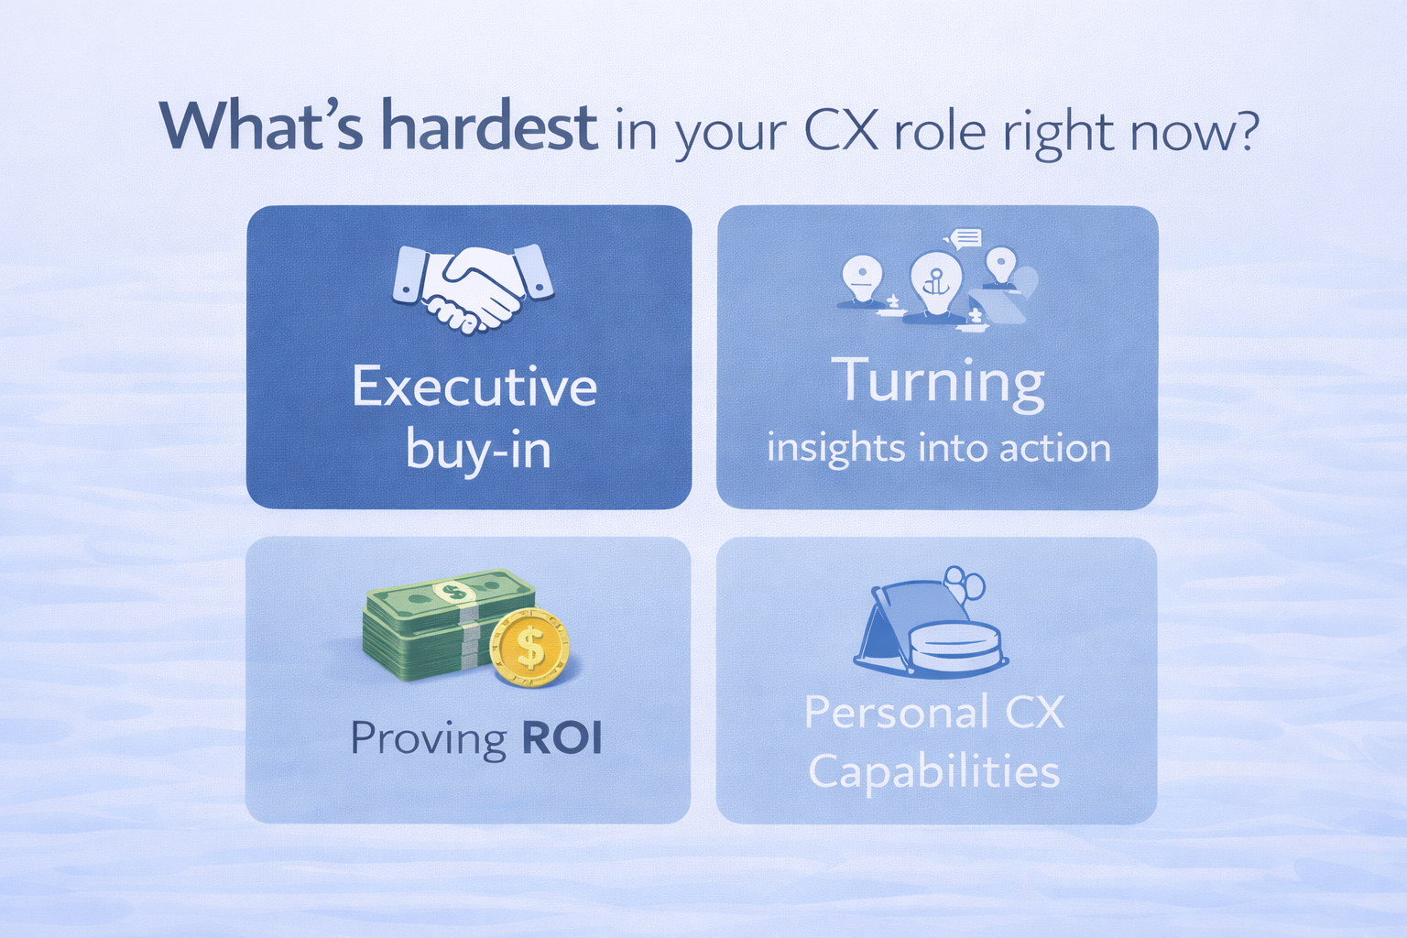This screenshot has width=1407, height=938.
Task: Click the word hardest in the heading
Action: click(x=490, y=127)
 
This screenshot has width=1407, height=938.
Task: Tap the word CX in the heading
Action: click(x=842, y=131)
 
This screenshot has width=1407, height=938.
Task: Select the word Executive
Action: click(x=474, y=387)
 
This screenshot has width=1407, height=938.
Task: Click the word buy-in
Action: click(x=478, y=451)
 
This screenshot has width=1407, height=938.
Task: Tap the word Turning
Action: click(x=938, y=382)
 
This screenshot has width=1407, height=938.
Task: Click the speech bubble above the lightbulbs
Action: click(x=966, y=239)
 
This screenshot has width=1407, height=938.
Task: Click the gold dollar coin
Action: click(x=530, y=649)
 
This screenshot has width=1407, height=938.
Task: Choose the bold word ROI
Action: click(x=562, y=738)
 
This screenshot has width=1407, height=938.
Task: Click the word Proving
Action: click(x=429, y=739)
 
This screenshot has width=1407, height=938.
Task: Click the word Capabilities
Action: click(x=934, y=771)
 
